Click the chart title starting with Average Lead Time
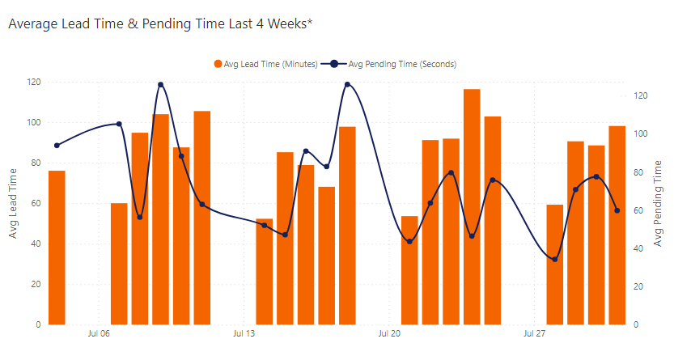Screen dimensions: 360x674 coord(159,24)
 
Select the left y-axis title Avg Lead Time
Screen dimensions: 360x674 coord(14,202)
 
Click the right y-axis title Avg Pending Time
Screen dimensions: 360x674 coord(659,202)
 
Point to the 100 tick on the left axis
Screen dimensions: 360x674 coord(34,122)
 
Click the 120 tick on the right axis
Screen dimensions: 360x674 coord(642,95)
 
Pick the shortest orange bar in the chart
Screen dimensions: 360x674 coord(264,271)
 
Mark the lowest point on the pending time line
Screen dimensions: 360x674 coord(554,259)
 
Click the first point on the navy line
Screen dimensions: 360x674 coord(57,146)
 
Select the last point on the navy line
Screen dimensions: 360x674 coord(617,210)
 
